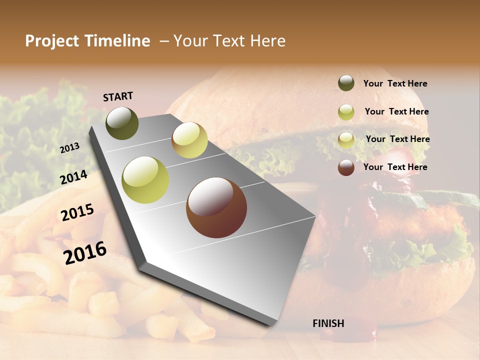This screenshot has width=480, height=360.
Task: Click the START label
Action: [118, 96]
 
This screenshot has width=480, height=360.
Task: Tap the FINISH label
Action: [328, 323]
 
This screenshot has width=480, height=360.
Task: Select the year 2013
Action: [69, 148]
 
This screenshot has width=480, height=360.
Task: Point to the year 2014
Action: [74, 177]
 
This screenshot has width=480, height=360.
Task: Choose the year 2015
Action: [77, 212]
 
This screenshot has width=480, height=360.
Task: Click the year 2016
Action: [85, 253]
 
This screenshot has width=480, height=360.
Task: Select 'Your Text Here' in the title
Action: [229, 41]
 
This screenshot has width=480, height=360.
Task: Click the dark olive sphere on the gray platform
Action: [122, 123]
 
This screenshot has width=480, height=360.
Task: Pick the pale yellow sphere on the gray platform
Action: [189, 140]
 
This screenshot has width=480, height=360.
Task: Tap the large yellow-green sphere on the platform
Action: [145, 180]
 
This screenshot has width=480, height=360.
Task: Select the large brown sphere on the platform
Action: [216, 207]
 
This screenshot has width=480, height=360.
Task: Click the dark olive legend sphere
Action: [346, 83]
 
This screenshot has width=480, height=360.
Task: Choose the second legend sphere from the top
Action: [346, 112]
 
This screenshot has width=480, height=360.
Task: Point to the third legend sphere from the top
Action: [346, 140]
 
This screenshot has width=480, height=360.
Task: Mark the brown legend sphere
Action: [346, 167]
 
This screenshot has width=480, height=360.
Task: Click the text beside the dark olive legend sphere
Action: [395, 83]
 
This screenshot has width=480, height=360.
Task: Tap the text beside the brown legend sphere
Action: [395, 167]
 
